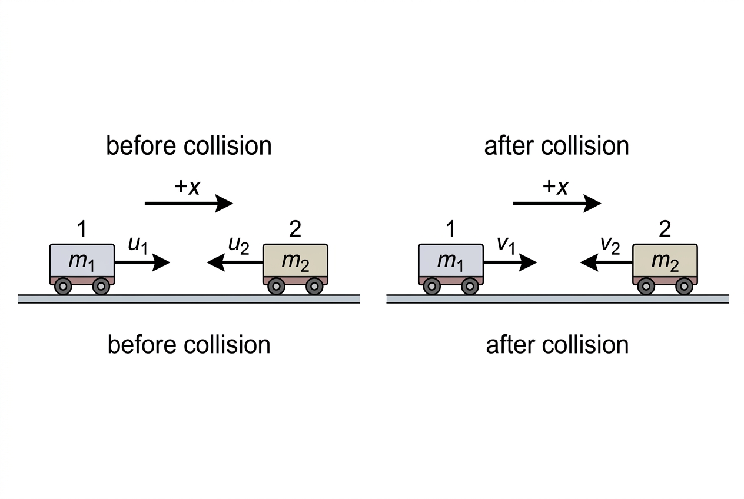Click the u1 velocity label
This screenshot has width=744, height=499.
138,245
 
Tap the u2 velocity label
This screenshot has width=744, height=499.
239,245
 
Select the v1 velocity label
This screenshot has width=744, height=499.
506,245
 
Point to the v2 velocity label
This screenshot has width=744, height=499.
610,245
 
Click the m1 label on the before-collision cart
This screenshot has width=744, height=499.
82,262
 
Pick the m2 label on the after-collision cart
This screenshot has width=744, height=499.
665,262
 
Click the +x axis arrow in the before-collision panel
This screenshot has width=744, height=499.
189,203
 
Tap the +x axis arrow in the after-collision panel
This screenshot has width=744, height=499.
557,203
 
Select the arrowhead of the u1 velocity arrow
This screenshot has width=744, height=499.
161,262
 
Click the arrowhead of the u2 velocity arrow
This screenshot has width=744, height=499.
216,262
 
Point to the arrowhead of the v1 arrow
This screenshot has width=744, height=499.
528,262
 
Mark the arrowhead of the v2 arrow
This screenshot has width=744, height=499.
589,262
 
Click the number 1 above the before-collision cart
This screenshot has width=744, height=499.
82,229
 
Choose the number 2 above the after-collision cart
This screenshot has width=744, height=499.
665,229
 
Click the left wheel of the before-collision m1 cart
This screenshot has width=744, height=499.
63,286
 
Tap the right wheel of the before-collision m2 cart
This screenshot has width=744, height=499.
314,286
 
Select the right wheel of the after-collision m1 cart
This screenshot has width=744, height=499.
470,286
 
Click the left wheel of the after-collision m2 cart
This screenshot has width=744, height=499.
646,286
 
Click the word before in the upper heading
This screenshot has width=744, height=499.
141,145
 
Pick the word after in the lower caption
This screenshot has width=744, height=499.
510,345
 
